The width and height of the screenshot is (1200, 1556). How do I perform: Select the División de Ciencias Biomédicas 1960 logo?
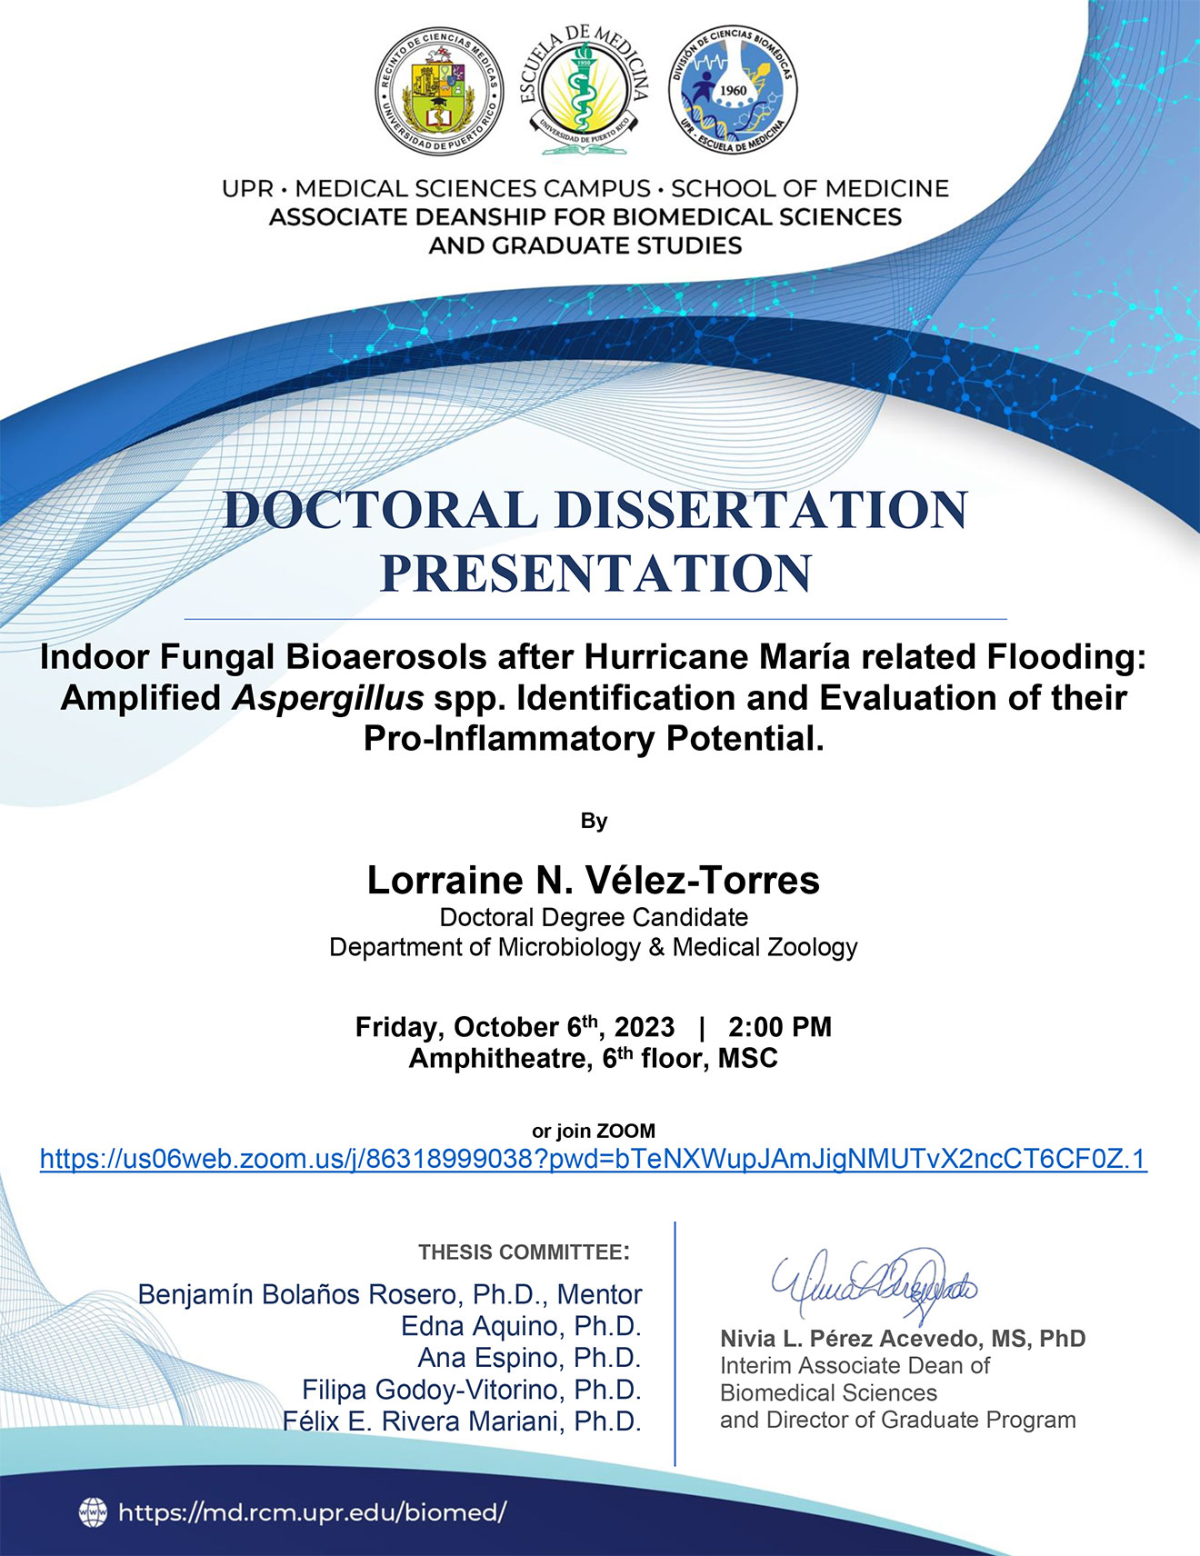(733, 90)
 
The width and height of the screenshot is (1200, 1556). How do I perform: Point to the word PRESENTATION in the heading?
(595, 574)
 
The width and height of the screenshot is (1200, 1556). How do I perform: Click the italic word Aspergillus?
(328, 698)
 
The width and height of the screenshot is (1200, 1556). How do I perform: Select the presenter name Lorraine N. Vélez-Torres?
(594, 880)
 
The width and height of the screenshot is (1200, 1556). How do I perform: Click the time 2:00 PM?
(780, 1027)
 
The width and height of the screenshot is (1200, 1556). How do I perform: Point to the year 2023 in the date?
(645, 1027)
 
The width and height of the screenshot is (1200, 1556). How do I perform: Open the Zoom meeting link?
(594, 1159)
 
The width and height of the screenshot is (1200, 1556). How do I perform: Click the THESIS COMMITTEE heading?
(524, 1252)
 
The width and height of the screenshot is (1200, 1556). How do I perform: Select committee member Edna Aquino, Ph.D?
(522, 1326)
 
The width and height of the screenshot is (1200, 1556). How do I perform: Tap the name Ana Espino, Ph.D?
(530, 1358)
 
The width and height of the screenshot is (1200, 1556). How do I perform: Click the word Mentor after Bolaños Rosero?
(600, 1294)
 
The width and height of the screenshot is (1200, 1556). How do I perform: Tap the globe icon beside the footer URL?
(93, 1511)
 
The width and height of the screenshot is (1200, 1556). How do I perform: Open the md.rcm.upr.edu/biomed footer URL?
(312, 1512)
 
